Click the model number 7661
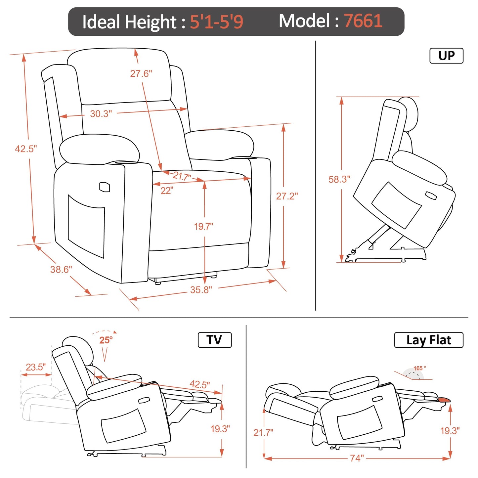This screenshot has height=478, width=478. coord(363,21)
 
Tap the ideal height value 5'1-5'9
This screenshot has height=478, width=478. coord(216,22)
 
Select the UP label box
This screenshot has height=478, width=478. coord(446,56)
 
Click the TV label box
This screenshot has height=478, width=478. coord(214,340)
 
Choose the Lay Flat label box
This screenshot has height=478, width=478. coord(428,340)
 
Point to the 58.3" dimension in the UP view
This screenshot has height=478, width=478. coord(339,179)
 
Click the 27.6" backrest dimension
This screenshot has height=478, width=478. coord(141,73)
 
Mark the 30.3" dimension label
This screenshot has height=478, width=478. coord(101,114)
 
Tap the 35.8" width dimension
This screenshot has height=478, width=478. coord(201,290)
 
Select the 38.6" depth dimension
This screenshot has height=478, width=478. coord(61,270)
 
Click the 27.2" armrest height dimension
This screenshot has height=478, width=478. coord(287,196)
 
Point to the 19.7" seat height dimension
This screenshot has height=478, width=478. coord(203,227)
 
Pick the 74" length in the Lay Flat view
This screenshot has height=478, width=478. coord(357,458)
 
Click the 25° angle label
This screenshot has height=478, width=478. coord(106,340)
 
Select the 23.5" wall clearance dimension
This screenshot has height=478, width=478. coord(36,367)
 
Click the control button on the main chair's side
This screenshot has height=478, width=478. coord(105,187)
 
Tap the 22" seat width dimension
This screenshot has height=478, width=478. coord(167,191)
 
